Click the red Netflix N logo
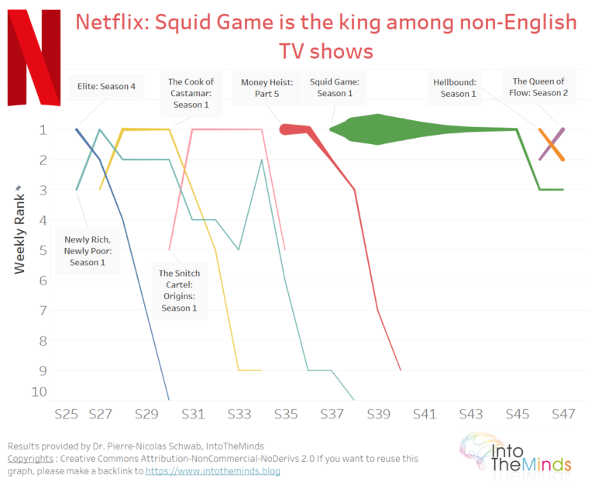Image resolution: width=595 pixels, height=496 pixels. tap(33, 57)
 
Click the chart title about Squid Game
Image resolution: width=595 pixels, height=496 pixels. tap(325, 36)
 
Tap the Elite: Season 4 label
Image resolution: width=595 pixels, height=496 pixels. tap(106, 86)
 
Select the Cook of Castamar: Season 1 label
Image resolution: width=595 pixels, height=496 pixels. tap(190, 93)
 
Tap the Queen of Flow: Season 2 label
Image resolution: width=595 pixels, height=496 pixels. tap(540, 87)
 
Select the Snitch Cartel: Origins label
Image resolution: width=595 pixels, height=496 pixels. tap(179, 291)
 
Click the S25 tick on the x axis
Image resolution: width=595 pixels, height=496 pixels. tap(66, 415)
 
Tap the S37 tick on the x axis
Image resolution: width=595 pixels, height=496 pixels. tap(332, 415)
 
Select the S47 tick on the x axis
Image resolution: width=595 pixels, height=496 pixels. tap(563, 415)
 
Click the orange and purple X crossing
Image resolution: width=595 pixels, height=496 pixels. tap(552, 144)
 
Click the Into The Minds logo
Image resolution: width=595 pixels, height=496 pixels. tap(515, 453)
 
